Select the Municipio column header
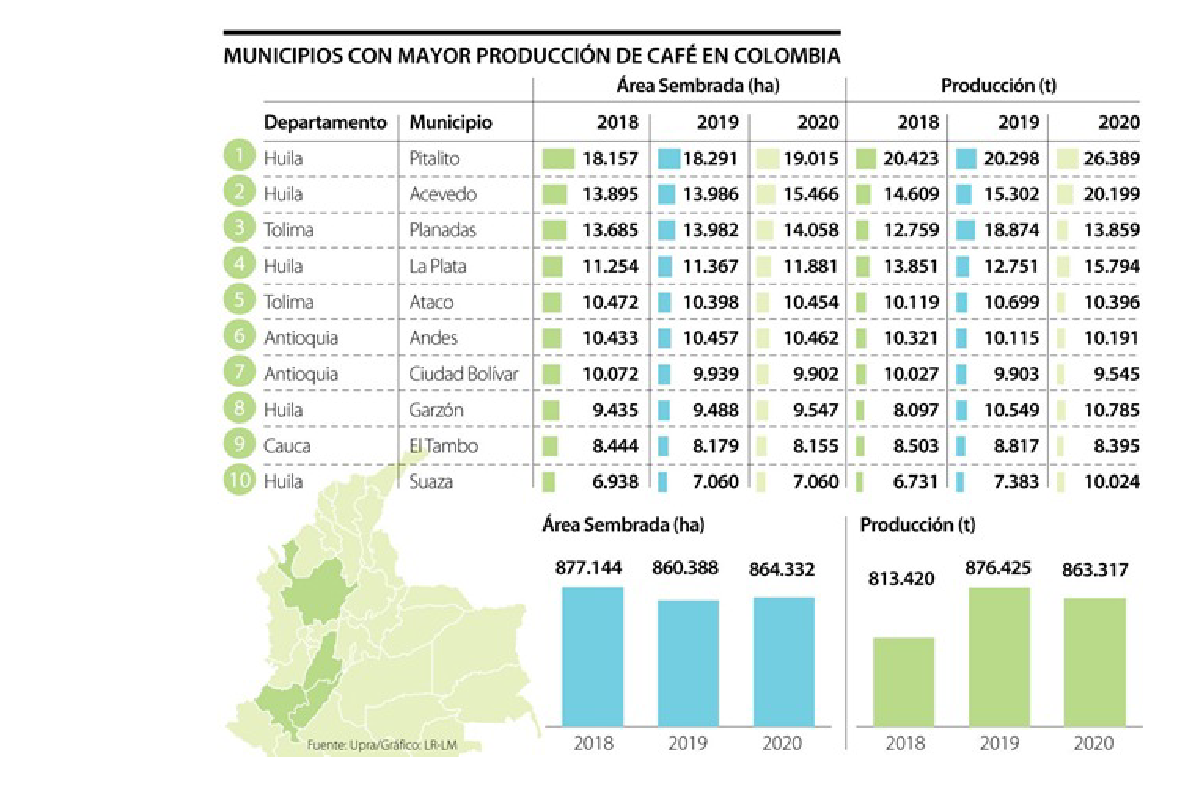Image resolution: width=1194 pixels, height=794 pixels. coord(450,122)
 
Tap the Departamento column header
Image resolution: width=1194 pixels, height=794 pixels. coord(325,122)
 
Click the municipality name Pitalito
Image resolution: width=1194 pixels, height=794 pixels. coord(434,158)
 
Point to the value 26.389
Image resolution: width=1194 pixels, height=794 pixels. coord(1111,158)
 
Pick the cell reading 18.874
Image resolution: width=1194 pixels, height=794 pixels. coord(1011,230)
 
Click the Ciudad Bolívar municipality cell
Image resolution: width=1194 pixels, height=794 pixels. coord(463,374)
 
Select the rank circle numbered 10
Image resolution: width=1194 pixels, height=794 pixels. coord(239,480)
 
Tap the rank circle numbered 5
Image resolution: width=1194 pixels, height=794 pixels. coord(239,300)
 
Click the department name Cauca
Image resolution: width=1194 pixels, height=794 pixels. coord(287,446)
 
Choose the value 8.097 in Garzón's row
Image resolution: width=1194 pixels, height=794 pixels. coord(915,410)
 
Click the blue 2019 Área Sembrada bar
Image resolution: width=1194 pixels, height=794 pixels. coord(688,663)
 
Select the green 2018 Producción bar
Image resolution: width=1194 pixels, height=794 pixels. coord(903,682)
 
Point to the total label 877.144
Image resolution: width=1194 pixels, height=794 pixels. coord(588,567)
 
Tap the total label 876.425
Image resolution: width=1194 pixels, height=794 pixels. coord(997,568)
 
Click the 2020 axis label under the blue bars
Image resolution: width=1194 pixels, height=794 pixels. coord(782,744)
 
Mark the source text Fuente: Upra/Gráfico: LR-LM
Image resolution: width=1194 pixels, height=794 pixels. coord(382,745)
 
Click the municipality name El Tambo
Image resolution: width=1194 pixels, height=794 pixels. coord(443,446)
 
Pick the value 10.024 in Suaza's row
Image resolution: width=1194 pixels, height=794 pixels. coord(1111,482)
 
